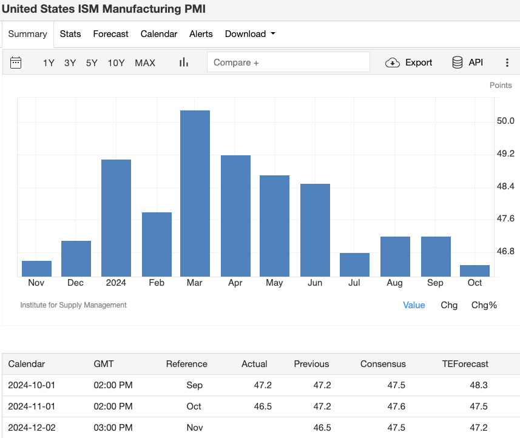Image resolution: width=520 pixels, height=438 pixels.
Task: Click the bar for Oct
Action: click(474, 271)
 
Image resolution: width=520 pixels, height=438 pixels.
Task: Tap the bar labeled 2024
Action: click(116, 218)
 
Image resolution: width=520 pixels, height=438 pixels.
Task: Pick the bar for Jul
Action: click(354, 264)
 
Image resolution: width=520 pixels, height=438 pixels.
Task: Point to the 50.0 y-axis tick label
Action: click(505, 121)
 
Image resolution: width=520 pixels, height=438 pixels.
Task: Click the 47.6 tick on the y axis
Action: click(505, 218)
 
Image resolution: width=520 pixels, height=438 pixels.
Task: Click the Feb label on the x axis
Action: click(157, 283)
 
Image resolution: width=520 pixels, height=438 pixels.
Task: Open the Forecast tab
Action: click(110, 34)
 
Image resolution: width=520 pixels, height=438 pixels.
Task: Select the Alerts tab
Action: click(201, 34)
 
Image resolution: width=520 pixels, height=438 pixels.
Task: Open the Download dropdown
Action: click(250, 34)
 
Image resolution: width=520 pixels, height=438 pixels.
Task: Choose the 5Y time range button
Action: click(92, 62)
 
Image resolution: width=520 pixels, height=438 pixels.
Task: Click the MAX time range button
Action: click(145, 62)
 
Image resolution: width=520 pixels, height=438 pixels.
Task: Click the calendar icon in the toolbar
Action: click(16, 62)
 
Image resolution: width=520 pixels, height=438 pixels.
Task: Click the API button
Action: click(467, 62)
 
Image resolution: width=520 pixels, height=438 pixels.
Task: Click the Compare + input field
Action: click(288, 62)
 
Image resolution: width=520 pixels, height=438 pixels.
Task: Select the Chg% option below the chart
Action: click(484, 305)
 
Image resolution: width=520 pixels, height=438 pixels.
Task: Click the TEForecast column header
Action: click(465, 364)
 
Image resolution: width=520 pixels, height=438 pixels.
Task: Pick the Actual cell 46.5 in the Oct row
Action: click(262, 406)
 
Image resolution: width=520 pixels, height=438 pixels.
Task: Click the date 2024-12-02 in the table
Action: click(32, 428)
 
